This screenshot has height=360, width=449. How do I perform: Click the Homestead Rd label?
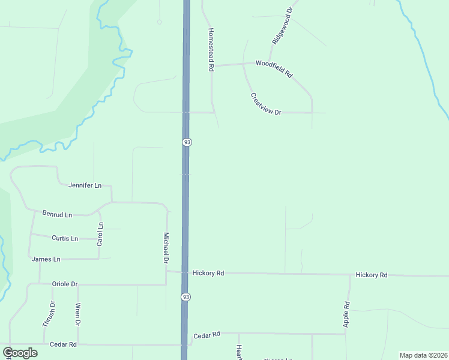[211, 50]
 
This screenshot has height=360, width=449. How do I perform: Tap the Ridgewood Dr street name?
[282, 26]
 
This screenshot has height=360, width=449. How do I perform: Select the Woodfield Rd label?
[274, 68]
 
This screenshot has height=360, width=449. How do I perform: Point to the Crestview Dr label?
[266, 104]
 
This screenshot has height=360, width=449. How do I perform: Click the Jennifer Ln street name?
[85, 185]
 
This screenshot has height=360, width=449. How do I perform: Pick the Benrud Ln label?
[57, 214]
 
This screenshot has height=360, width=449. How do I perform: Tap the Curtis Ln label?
[65, 238]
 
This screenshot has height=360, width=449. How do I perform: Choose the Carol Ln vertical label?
[100, 234]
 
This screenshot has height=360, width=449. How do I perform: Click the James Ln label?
[46, 259]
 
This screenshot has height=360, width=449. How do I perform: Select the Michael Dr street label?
[166, 248]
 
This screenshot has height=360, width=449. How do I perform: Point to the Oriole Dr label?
[65, 284]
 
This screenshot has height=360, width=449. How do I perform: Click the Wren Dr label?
[77, 315]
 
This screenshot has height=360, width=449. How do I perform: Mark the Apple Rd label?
[347, 313]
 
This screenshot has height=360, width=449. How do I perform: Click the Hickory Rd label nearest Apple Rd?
[372, 275]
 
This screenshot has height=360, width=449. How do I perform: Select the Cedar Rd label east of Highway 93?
[207, 334]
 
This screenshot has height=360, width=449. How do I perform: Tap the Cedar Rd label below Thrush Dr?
[63, 344]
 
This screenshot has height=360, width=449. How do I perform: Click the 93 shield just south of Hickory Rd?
[186, 297]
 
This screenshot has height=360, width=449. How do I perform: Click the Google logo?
[20, 353]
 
